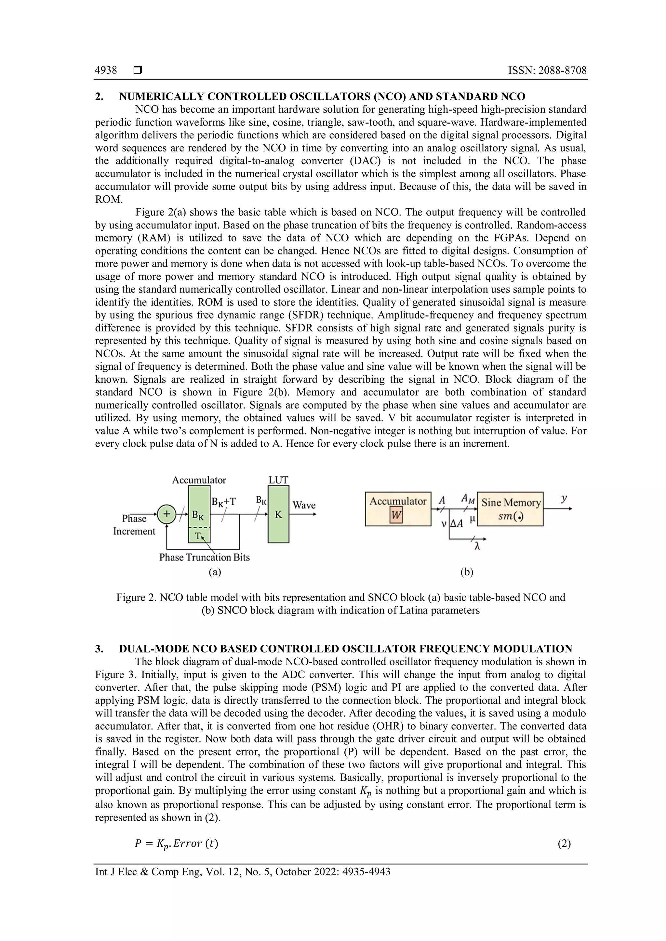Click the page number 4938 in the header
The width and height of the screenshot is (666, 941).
106,71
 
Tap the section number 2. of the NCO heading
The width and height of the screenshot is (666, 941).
99,97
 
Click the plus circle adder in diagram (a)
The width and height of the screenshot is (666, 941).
166,514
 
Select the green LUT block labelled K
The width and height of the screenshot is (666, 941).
278,514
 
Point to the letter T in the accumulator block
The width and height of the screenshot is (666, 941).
198,535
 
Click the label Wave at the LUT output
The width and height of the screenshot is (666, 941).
304,505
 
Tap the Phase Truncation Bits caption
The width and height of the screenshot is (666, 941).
204,557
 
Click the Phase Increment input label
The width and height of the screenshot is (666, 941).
134,525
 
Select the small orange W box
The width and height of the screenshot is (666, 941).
396,516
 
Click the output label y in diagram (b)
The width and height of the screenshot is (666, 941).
564,498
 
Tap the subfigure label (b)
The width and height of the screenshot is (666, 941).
467,572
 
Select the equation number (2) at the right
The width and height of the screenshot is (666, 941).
564,844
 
